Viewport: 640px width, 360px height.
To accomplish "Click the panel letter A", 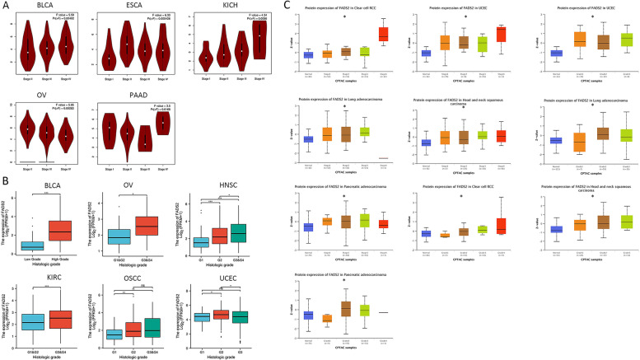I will [5, 5].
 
